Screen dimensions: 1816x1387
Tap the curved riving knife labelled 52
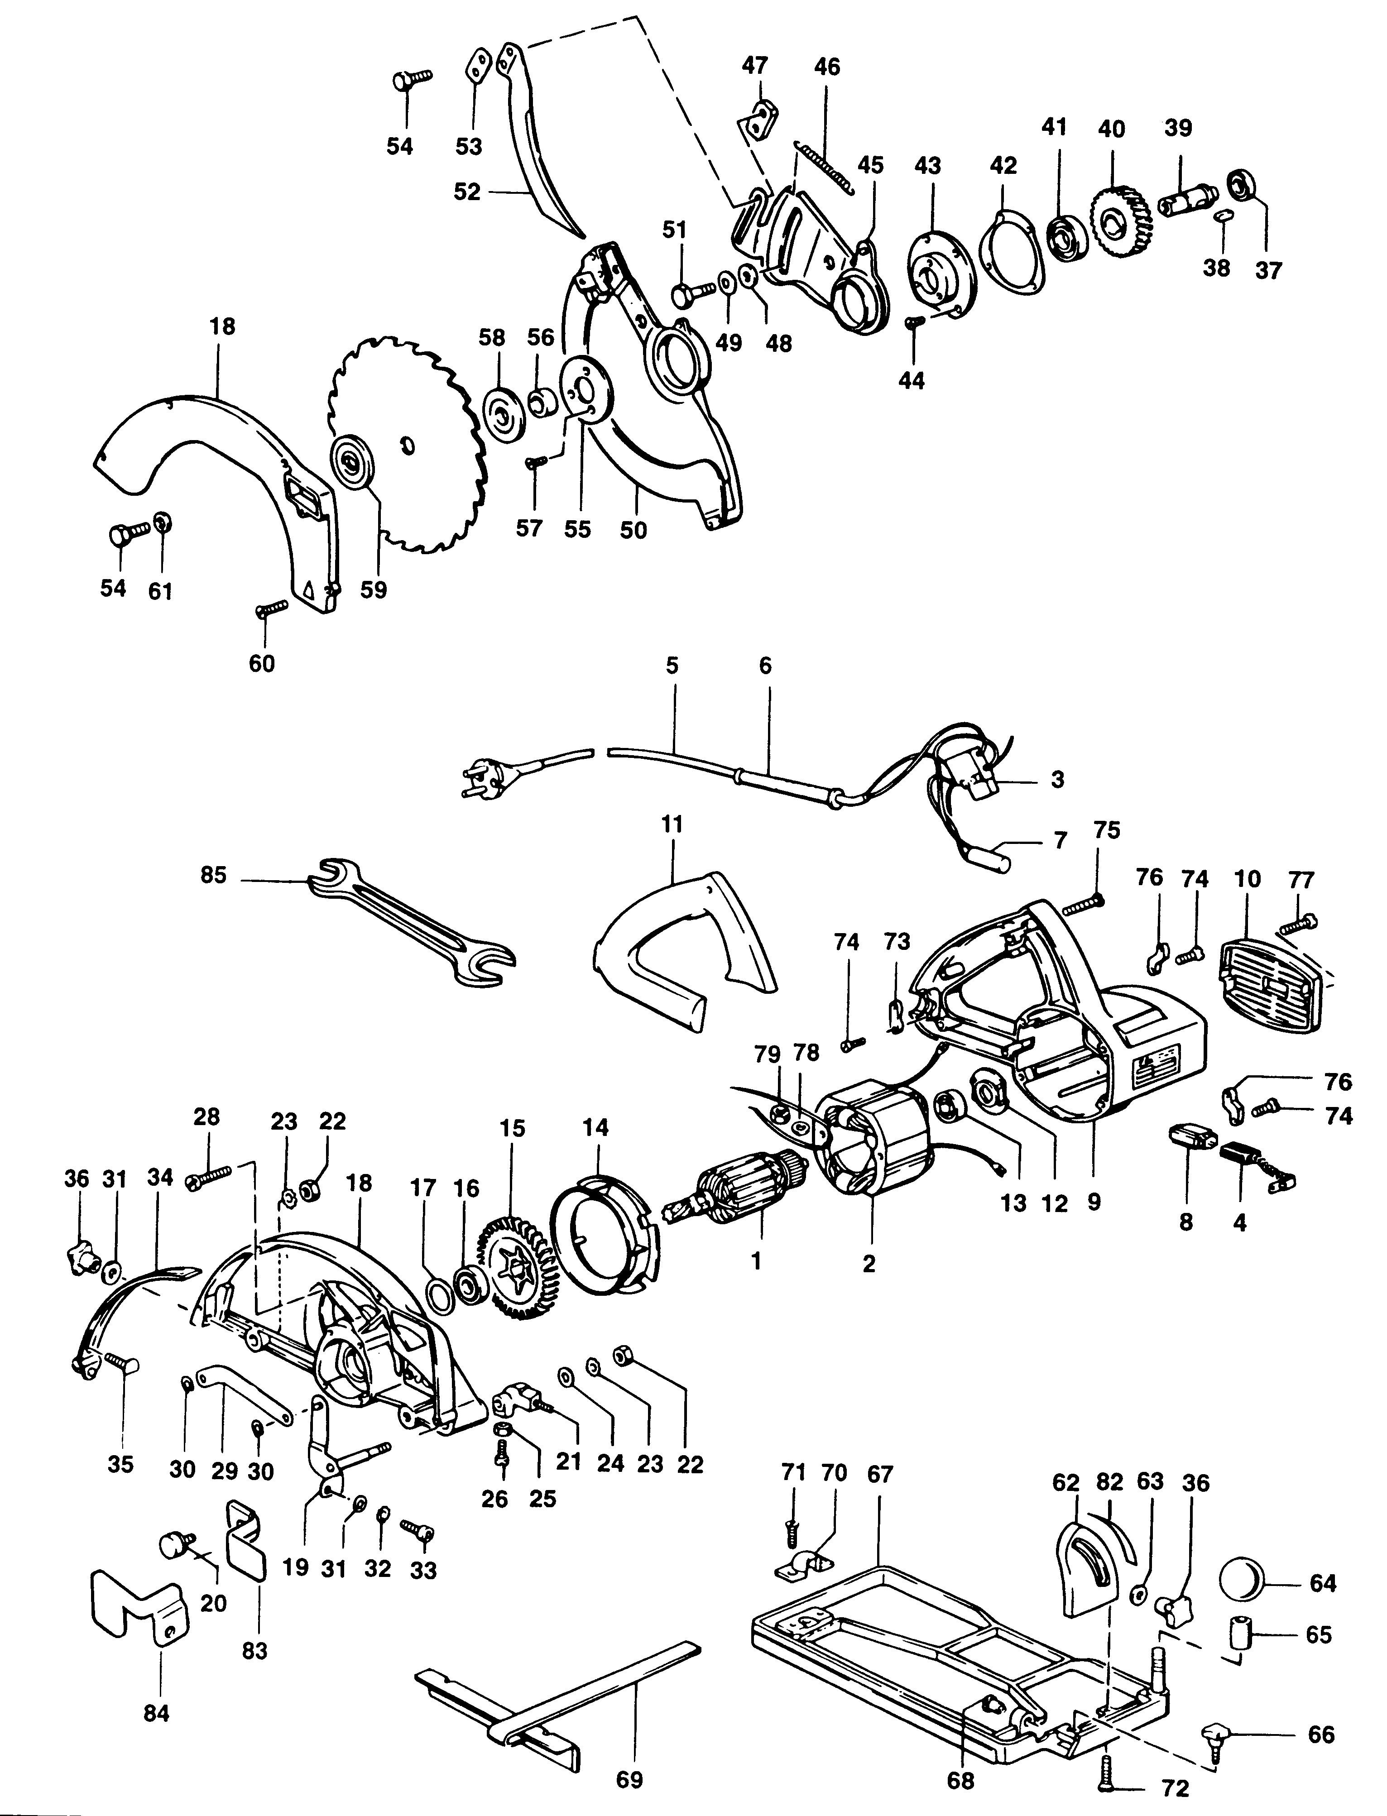point(537,157)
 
